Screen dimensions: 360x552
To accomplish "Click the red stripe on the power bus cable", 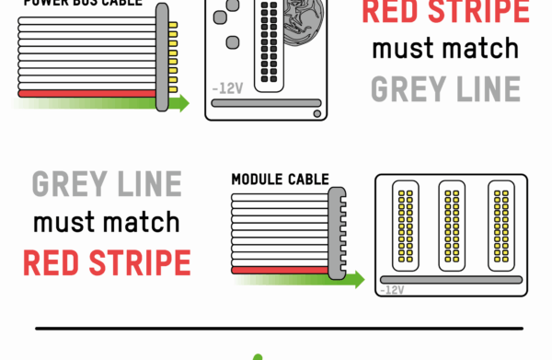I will pos(87,93).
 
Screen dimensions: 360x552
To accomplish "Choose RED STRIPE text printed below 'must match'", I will pos(106,262).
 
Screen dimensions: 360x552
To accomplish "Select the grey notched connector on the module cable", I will pos(336,231).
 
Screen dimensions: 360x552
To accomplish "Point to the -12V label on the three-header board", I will pos(391,289).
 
